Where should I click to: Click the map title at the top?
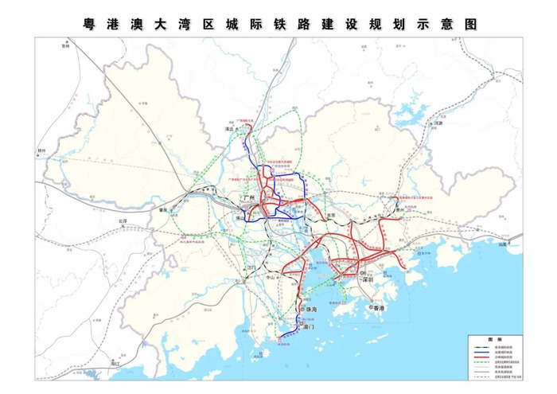tap(278, 24)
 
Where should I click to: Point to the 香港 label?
tap(377, 307)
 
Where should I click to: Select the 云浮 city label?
tap(121, 220)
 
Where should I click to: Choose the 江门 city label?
tap(252, 268)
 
